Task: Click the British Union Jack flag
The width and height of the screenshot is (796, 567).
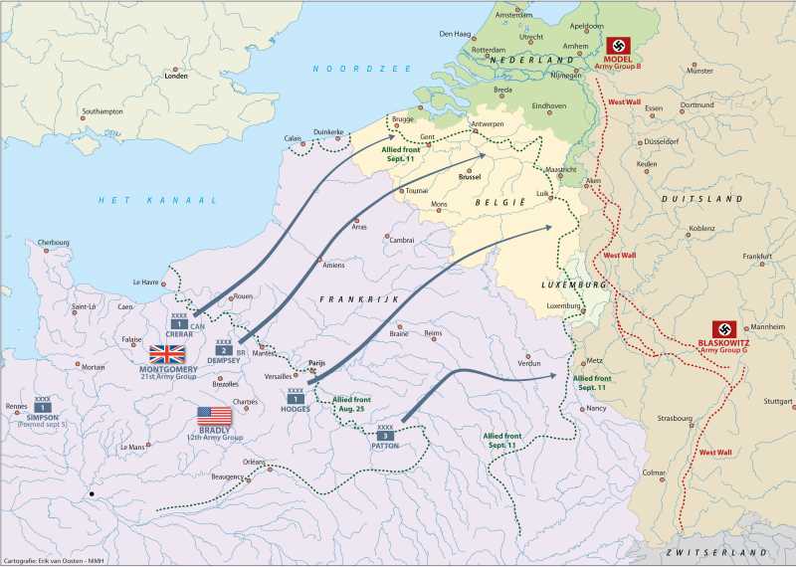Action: tap(167, 355)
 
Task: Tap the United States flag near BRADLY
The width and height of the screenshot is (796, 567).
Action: tap(214, 416)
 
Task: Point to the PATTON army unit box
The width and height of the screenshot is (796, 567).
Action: tap(385, 435)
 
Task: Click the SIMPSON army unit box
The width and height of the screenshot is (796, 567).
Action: tap(43, 407)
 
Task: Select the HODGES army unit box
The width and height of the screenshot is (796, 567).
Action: tap(296, 399)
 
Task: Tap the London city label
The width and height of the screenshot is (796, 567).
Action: tap(176, 76)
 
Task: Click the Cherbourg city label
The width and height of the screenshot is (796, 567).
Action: tap(54, 242)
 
